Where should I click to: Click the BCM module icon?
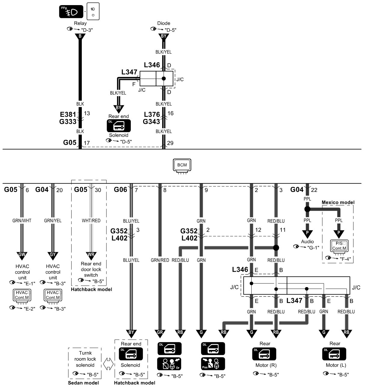click(x=182, y=165)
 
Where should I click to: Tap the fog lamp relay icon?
click(x=71, y=12)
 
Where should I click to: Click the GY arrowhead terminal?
click(x=53, y=254)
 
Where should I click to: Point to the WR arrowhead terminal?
click(x=91, y=254)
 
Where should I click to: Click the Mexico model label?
click(x=338, y=202)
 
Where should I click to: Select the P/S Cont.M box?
click(x=339, y=246)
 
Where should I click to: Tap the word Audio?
click(x=307, y=241)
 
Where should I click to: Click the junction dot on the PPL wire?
click(x=307, y=209)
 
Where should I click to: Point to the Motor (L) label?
click(x=334, y=365)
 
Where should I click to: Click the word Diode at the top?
click(x=164, y=23)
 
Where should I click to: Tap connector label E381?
click(x=68, y=114)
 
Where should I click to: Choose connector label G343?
click(x=151, y=122)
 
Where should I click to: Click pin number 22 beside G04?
click(x=314, y=190)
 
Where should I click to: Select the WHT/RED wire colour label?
click(x=91, y=220)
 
